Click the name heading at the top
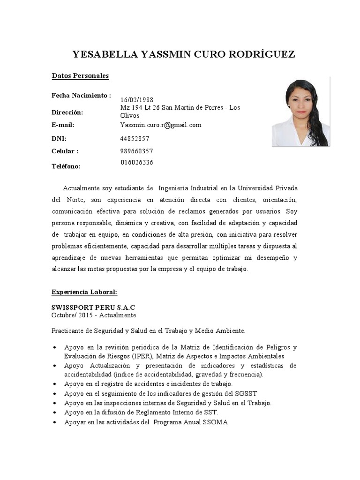184,54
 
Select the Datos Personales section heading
80,75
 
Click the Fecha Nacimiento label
81,96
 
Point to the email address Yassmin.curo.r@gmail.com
160,125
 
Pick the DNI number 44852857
135,139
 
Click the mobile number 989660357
136,151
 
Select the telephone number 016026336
137,163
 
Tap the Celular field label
65,151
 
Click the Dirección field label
67,112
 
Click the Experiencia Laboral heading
84,292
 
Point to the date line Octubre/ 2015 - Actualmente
94,315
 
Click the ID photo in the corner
300,112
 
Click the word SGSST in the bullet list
247,393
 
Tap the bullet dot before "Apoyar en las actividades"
55,422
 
